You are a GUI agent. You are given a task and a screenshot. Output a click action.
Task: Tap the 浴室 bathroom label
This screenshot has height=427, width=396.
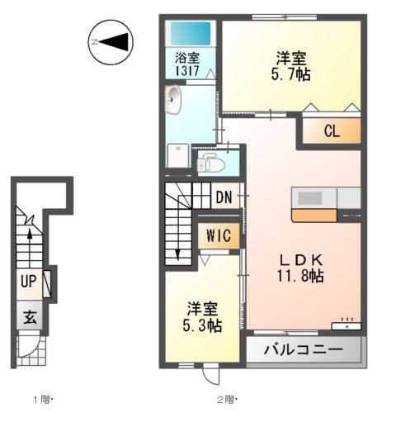click(x=187, y=59)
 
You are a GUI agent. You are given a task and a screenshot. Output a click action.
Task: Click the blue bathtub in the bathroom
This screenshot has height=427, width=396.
click(x=189, y=35)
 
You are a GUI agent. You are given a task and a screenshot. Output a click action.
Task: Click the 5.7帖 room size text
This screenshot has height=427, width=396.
click(x=292, y=74)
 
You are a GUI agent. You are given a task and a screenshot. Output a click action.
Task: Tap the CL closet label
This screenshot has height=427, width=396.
click(x=331, y=130)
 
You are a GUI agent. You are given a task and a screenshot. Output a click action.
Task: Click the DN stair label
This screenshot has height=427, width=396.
click(x=224, y=198)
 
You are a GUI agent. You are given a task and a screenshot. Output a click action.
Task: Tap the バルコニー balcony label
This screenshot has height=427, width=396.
click(x=304, y=349)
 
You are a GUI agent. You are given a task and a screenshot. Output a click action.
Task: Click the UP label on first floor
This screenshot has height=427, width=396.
click(x=28, y=282)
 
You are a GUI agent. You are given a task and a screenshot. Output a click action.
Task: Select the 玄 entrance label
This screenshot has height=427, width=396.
click(x=30, y=316)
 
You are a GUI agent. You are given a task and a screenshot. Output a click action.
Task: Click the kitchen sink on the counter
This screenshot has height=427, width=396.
click(x=311, y=198)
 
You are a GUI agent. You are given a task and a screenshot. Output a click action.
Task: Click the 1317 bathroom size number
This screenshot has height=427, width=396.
click(x=187, y=72)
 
